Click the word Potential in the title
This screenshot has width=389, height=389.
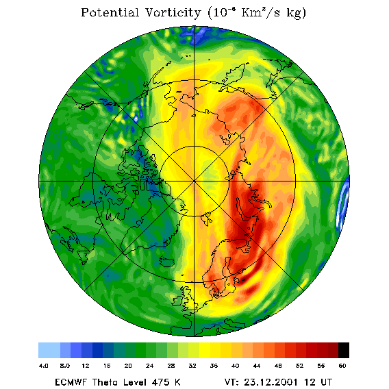pos(110,12)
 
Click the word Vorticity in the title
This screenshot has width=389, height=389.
pos(173,12)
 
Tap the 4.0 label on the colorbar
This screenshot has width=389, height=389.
pos(44,366)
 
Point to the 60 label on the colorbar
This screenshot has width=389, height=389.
pos(342,366)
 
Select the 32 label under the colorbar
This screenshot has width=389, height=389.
pos(192,366)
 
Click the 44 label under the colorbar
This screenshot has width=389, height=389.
pos(257,366)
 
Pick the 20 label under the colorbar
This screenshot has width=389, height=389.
pos(128,366)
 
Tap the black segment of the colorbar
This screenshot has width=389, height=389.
pos(344,350)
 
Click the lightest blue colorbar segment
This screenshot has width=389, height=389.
pos(49,350)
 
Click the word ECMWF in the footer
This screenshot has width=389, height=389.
pos(71,382)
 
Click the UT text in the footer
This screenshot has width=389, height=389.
pos(325,382)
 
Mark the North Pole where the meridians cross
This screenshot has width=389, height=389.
pos(194,181)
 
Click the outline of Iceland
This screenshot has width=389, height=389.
pos(167,262)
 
